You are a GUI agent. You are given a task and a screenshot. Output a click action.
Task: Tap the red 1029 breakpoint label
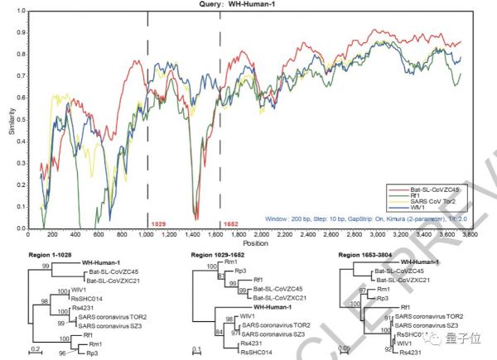coord(158,224)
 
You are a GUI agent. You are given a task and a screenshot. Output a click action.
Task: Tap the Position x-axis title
coord(255,245)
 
